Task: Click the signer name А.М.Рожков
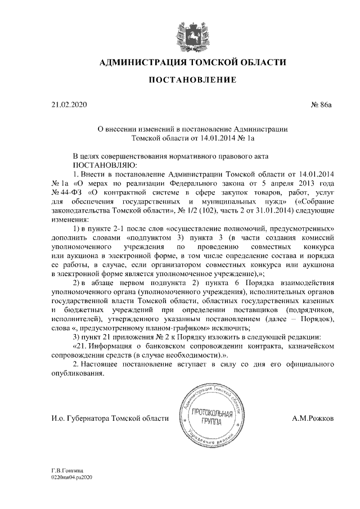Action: pos(313,419)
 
